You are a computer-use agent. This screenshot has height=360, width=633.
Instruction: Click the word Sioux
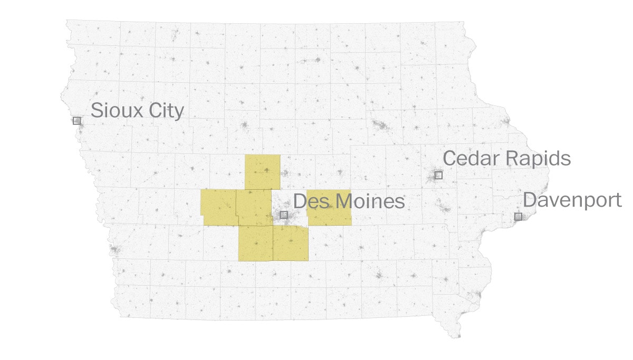(x=114, y=111)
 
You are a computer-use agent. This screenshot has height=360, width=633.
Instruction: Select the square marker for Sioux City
(x=76, y=121)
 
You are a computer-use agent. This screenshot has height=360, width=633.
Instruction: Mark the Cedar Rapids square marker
(x=438, y=175)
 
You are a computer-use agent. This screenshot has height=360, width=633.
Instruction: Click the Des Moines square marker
(x=284, y=215)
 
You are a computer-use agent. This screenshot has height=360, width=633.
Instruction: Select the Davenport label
(x=572, y=200)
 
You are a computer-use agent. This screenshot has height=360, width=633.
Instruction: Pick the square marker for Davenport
(x=518, y=217)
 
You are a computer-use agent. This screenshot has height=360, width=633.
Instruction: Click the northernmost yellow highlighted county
(x=262, y=172)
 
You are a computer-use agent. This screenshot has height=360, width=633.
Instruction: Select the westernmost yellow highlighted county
(x=218, y=207)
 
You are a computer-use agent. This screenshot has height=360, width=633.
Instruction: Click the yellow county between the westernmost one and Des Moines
(x=254, y=208)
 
